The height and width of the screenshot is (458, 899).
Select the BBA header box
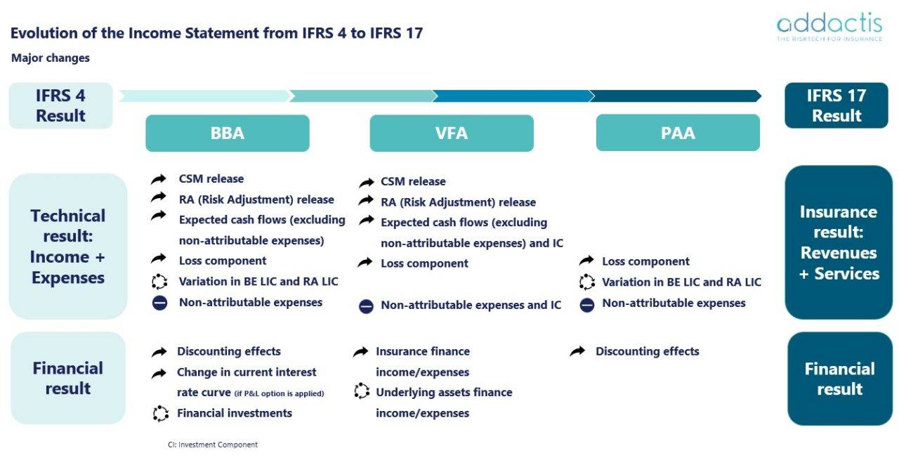227,133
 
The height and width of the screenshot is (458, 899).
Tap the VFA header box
452,133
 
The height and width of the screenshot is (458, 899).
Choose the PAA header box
678,133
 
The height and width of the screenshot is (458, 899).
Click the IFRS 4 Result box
60,105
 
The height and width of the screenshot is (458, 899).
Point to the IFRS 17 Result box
836,105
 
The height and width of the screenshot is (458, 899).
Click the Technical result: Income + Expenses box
67,247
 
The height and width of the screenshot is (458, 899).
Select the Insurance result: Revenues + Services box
839,242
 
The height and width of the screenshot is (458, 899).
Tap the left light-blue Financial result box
67,378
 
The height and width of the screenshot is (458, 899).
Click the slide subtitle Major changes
51,58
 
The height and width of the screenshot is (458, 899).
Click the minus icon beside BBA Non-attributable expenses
159,303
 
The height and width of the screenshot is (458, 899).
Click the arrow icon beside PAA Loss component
586,261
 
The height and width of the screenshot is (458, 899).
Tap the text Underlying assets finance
444,392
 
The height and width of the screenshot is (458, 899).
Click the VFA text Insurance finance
423,351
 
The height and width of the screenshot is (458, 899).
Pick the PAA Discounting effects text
647,351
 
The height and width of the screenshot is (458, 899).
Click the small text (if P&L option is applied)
280,393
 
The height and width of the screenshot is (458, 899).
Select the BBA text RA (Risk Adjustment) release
256,199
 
